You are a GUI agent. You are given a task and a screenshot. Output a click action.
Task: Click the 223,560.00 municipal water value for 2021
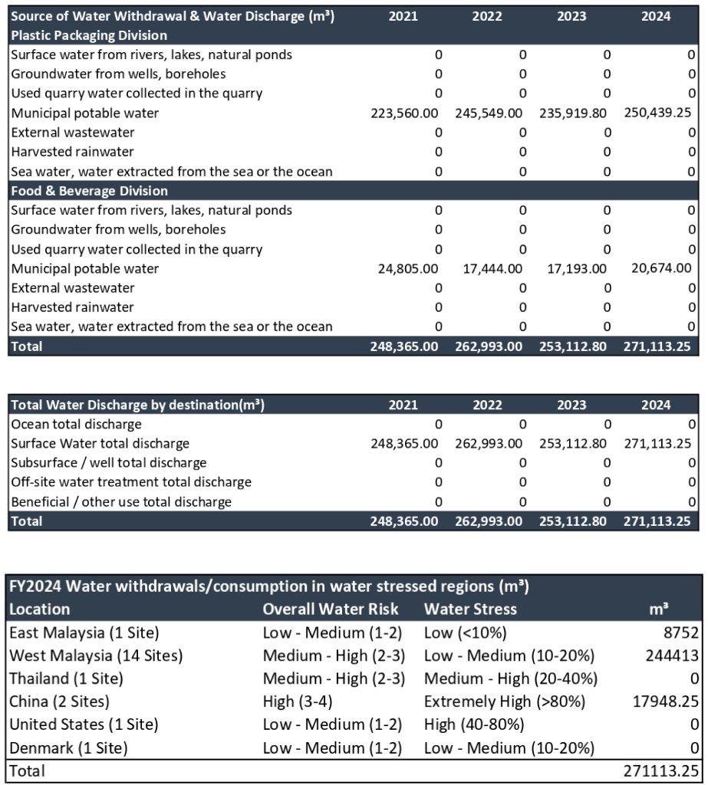[404, 113]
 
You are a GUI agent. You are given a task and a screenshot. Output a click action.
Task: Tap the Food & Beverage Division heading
[89, 191]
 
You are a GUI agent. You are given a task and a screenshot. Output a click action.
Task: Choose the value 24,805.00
[408, 269]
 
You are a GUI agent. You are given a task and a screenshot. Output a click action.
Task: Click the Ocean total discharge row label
[76, 424]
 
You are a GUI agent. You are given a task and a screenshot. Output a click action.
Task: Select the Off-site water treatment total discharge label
[130, 482]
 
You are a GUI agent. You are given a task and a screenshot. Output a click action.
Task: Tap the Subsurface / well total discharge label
[108, 463]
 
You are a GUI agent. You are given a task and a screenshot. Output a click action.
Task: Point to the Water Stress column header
[470, 609]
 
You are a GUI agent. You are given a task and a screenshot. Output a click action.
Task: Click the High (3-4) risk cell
[295, 701]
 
